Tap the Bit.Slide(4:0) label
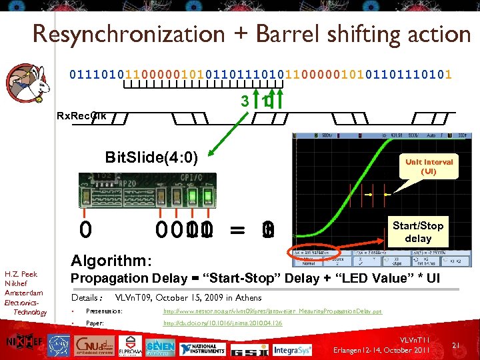(x=152, y=157)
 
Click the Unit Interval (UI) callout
(x=429, y=167)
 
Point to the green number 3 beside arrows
(x=245, y=102)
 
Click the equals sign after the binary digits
(x=237, y=231)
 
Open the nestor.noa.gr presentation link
(x=273, y=311)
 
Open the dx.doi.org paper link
(x=223, y=323)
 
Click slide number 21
(x=457, y=345)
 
